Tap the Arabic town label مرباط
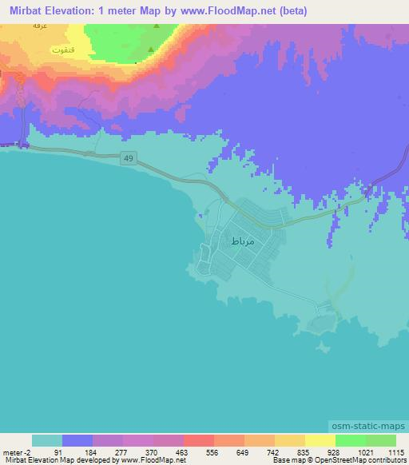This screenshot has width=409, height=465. pyautogui.click(x=241, y=240)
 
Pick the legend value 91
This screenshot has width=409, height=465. pyautogui.click(x=57, y=452)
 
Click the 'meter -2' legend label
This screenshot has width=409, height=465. pyautogui.click(x=15, y=452)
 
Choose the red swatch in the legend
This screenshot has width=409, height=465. pyautogui.click(x=198, y=440)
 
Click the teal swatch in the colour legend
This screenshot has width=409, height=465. pyautogui.click(x=47, y=440)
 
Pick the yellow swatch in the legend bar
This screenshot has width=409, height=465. pyautogui.click(x=320, y=440)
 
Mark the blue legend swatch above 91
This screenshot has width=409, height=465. pyautogui.click(x=77, y=440)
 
